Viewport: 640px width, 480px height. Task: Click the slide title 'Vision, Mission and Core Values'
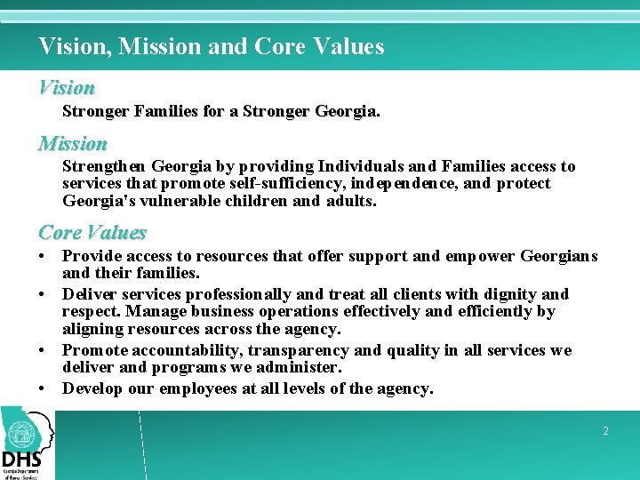coord(212,46)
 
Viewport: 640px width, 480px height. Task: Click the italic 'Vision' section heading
coord(67,88)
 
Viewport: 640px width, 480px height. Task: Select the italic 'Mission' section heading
coord(73,143)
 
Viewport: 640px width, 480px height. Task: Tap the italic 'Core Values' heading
coord(92,233)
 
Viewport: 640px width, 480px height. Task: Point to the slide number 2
coord(605,431)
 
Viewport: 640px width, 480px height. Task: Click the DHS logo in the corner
coord(27,443)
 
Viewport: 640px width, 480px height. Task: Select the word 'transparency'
coord(301,350)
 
